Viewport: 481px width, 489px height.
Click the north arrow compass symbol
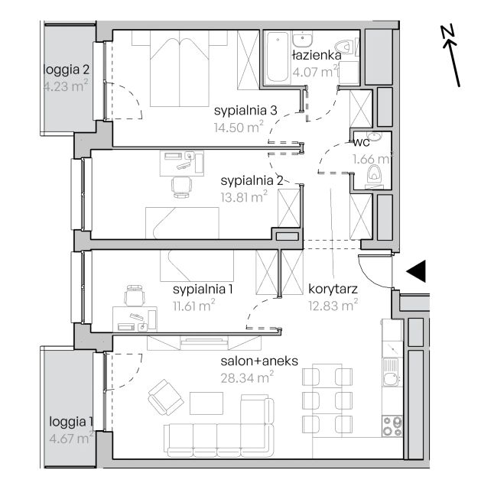[x=450, y=56]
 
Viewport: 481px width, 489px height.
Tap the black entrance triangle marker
[x=416, y=271]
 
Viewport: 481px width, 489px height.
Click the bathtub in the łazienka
[x=277, y=58]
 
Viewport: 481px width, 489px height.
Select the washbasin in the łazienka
[x=302, y=39]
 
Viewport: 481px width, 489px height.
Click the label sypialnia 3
[x=245, y=111]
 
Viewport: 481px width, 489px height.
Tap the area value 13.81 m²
[x=244, y=197]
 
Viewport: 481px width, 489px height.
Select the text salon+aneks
[x=259, y=361]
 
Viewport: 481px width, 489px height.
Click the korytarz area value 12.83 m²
[x=333, y=306]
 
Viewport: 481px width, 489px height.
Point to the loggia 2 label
[x=67, y=70]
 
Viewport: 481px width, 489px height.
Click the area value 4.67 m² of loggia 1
[x=71, y=438]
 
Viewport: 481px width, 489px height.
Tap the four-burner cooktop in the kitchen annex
[x=392, y=426]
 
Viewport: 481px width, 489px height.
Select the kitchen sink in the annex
[x=391, y=372]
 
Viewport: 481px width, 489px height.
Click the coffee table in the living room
[x=206, y=403]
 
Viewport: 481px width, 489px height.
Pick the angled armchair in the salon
[x=166, y=397]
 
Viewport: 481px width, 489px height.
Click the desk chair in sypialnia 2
[x=181, y=187]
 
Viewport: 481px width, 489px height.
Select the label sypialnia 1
[x=203, y=290]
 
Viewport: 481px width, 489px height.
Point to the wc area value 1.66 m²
[x=372, y=159]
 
